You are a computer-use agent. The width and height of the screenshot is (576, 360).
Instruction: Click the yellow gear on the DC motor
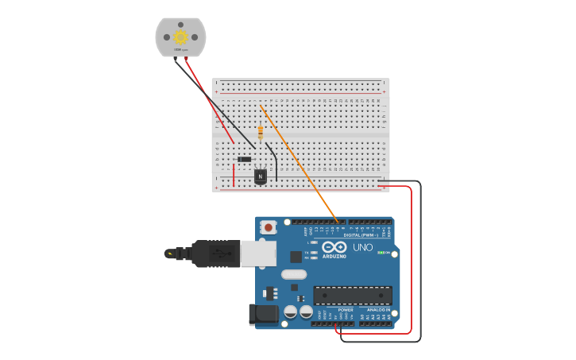point(180,37)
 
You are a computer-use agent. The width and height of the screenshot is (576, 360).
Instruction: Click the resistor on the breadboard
point(261,133)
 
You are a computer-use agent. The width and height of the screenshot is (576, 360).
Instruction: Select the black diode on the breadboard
point(245,160)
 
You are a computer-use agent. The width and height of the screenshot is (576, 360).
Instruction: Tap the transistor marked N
point(261,176)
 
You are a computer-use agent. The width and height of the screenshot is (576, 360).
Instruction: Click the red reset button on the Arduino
point(269,227)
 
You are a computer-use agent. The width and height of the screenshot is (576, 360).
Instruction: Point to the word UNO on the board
point(363,247)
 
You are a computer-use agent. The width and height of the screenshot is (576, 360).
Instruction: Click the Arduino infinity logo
point(334,247)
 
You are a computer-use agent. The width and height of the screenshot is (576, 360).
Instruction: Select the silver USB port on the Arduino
point(258,254)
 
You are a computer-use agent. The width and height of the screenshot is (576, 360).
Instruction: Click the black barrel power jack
point(264,315)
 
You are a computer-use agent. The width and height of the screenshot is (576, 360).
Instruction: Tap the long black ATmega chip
point(352,296)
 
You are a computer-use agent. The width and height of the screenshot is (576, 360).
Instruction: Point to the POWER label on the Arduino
point(334,309)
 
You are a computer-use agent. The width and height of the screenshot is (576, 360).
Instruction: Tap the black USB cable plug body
point(215,254)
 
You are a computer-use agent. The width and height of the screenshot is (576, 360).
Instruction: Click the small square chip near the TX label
point(296,257)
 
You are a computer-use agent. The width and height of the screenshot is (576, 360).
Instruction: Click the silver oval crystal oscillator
point(293,275)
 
